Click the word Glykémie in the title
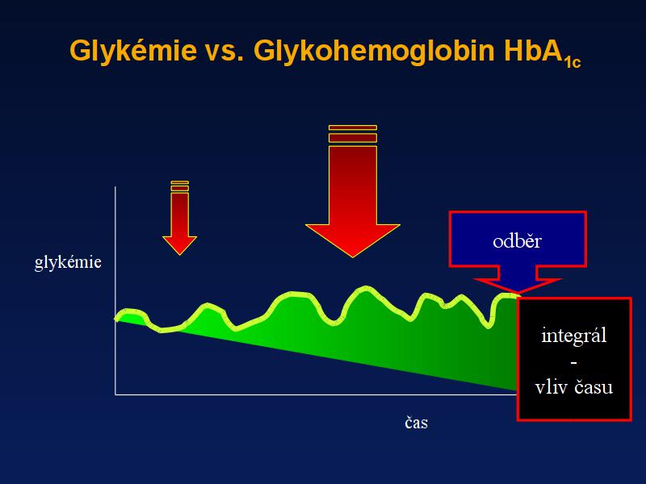click(x=133, y=52)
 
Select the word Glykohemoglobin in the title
click(x=374, y=52)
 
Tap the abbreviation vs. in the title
click(x=224, y=52)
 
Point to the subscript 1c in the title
click(x=572, y=63)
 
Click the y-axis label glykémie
click(x=68, y=262)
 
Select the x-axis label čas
click(x=416, y=423)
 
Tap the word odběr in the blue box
click(x=517, y=240)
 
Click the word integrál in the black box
click(x=574, y=336)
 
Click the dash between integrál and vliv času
click(x=574, y=363)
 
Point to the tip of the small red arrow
click(x=179, y=254)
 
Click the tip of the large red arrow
click(x=353, y=257)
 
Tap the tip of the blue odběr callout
click(x=518, y=293)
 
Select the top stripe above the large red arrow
click(x=353, y=127)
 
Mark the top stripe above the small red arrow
click(x=179, y=182)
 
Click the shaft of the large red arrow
click(x=353, y=186)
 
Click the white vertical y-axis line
click(x=115, y=290)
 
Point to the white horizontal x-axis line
click(x=316, y=394)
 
